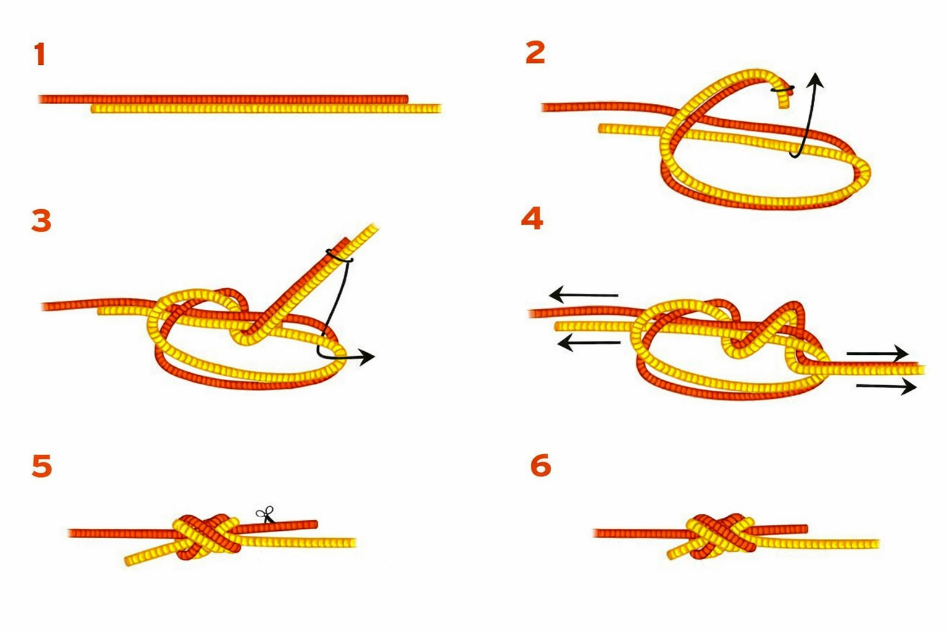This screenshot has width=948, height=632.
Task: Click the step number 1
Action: pyautogui.click(x=40, y=54)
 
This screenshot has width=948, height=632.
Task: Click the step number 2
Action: pyautogui.click(x=535, y=53)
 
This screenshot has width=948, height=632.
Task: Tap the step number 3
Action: pyautogui.click(x=41, y=220)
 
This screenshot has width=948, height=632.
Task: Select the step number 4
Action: pyautogui.click(x=532, y=218)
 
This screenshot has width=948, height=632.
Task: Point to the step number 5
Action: pyautogui.click(x=42, y=466)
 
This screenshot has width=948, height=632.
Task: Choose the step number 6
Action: pyautogui.click(x=541, y=465)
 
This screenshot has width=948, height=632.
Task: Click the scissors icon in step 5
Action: pyautogui.click(x=265, y=515)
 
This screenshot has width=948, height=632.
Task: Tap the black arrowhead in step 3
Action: pyautogui.click(x=367, y=357)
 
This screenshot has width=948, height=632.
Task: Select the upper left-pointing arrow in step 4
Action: pyautogui.click(x=583, y=294)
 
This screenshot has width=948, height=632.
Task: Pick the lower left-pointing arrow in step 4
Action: pyautogui.click(x=589, y=343)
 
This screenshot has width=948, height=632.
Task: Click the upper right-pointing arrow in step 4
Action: pyautogui.click(x=877, y=352)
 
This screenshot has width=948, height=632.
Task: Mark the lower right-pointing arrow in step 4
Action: pyautogui.click(x=886, y=386)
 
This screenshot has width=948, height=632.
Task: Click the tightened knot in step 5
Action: pyautogui.click(x=206, y=537)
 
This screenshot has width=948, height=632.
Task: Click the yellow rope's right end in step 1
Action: pyautogui.click(x=440, y=109)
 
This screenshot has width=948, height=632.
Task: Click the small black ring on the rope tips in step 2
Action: pyautogui.click(x=782, y=89)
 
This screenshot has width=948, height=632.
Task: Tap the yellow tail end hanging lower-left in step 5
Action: pyautogui.click(x=129, y=561)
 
